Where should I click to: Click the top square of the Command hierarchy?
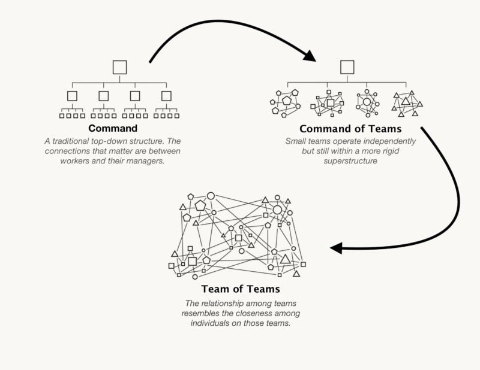click(119, 68)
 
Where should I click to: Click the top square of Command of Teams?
click(347, 67)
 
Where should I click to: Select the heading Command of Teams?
click(350, 129)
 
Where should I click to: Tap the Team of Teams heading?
click(241, 289)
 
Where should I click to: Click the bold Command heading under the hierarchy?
click(113, 128)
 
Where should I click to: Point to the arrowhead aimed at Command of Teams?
click(310, 56)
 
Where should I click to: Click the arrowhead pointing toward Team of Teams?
click(337, 248)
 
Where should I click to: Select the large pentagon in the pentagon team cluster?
click(287, 101)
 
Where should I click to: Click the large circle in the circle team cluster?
click(367, 102)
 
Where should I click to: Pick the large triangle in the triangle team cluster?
click(406, 101)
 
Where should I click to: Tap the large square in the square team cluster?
click(331, 102)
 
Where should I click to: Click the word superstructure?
click(350, 161)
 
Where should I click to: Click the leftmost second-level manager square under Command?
click(72, 96)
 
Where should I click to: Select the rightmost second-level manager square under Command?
click(166, 96)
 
